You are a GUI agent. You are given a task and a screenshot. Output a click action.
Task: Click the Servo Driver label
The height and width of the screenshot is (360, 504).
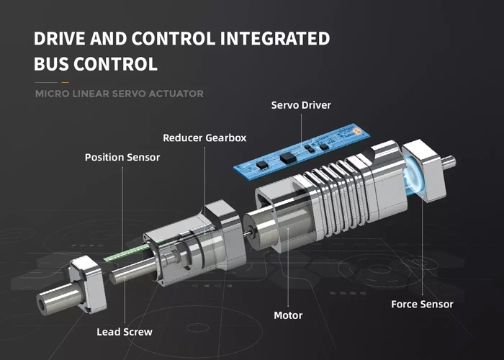[301, 105]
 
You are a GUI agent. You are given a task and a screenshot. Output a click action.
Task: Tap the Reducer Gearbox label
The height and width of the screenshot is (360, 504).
[204, 138]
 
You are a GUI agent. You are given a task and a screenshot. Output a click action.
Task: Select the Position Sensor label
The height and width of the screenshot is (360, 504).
[122, 157]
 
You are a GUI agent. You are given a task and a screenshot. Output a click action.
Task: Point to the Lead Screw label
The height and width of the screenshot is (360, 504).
[125, 332]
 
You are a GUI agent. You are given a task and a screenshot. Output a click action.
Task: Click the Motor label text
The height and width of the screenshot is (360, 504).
[288, 315]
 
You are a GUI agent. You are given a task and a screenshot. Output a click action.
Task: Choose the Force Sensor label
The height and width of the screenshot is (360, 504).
[422, 304]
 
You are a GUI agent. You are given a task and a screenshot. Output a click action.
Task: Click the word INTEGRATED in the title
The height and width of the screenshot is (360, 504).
[275, 38]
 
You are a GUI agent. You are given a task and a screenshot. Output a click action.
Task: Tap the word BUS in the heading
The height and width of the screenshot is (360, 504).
[51, 63]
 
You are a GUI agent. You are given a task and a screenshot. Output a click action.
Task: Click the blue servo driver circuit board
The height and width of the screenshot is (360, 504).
[302, 151]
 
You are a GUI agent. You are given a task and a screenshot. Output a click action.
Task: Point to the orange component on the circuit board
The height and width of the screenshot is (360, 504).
[356, 131]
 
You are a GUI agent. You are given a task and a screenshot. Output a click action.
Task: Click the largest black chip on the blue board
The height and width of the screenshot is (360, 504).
[287, 158]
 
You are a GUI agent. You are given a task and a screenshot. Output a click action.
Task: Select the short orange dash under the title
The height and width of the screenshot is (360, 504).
[66, 83]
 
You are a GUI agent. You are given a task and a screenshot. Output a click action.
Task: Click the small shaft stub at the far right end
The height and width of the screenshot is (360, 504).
[449, 162]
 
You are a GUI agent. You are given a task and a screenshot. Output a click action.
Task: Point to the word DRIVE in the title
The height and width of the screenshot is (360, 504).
[60, 38]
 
